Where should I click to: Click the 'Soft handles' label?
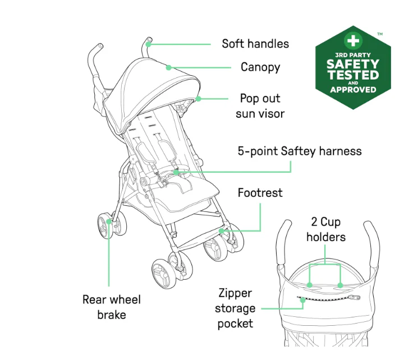[x=255, y=44]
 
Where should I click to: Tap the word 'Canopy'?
[x=260, y=67]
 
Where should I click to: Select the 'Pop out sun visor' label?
[x=260, y=106]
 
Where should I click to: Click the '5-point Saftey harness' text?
[x=300, y=151]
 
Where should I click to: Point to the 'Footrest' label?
[x=260, y=193]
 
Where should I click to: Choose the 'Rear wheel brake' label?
[x=112, y=307]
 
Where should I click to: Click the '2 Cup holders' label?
[x=326, y=229]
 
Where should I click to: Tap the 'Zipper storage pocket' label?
[x=235, y=308]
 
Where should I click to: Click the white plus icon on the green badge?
[x=353, y=40]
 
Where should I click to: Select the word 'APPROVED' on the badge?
[x=353, y=90]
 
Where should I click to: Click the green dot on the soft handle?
[x=148, y=44]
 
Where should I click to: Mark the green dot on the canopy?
[x=168, y=68]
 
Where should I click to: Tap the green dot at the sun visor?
[x=198, y=99]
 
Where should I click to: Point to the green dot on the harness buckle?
[x=176, y=172]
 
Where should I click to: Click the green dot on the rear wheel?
[x=109, y=221]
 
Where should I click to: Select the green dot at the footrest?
[x=221, y=230]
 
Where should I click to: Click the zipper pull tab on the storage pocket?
[x=357, y=298]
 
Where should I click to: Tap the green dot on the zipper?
[x=303, y=300]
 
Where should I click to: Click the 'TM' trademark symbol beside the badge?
[x=380, y=34]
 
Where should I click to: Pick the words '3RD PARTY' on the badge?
[x=353, y=55]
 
